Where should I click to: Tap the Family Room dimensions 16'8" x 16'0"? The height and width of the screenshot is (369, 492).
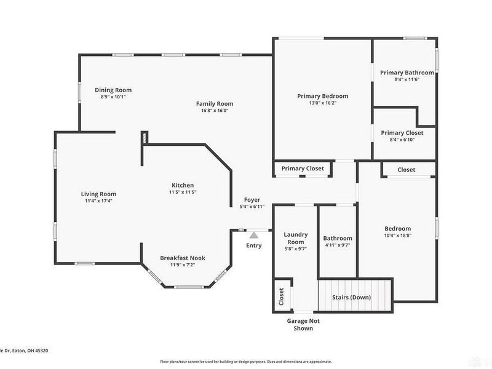215,111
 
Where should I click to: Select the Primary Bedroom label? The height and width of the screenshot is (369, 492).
322,96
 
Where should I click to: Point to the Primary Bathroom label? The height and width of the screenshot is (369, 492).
407,73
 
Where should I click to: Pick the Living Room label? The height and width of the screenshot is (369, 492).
98,194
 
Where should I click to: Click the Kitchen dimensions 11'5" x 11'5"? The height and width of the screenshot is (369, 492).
183,192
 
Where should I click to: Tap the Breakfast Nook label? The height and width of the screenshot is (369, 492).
183,258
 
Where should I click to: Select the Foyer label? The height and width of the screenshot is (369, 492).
252,200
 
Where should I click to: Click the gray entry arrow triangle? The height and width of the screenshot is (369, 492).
253,234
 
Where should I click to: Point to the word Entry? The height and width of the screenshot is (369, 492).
253,245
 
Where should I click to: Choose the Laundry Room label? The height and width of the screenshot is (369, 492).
295,238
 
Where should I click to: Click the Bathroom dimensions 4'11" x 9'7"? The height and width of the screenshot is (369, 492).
338,245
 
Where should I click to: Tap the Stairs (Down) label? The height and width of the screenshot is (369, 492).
351,298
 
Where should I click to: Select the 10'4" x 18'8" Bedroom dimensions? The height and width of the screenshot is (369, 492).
398,236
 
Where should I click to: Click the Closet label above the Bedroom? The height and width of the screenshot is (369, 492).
406,170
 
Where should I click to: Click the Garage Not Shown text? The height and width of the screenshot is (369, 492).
303,324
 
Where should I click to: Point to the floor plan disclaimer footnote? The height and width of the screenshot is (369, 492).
246,362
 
